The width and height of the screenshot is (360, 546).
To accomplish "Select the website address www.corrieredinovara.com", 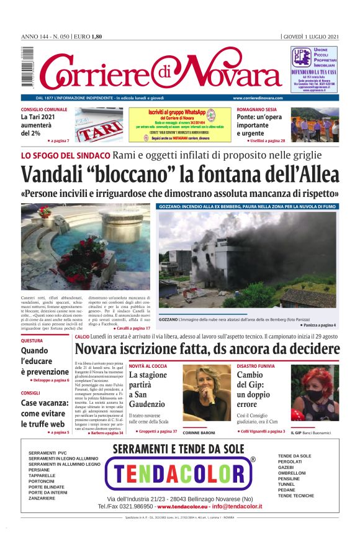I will tap(258, 98).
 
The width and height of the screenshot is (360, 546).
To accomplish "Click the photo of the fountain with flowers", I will tap(85, 247).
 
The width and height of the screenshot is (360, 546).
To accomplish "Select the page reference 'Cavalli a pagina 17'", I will tap(132, 328).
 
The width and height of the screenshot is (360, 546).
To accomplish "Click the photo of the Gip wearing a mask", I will tap(315, 394).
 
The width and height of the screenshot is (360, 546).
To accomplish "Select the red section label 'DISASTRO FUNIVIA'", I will tap(256, 366).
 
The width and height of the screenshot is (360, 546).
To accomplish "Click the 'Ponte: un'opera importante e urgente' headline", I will tap(256, 124).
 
